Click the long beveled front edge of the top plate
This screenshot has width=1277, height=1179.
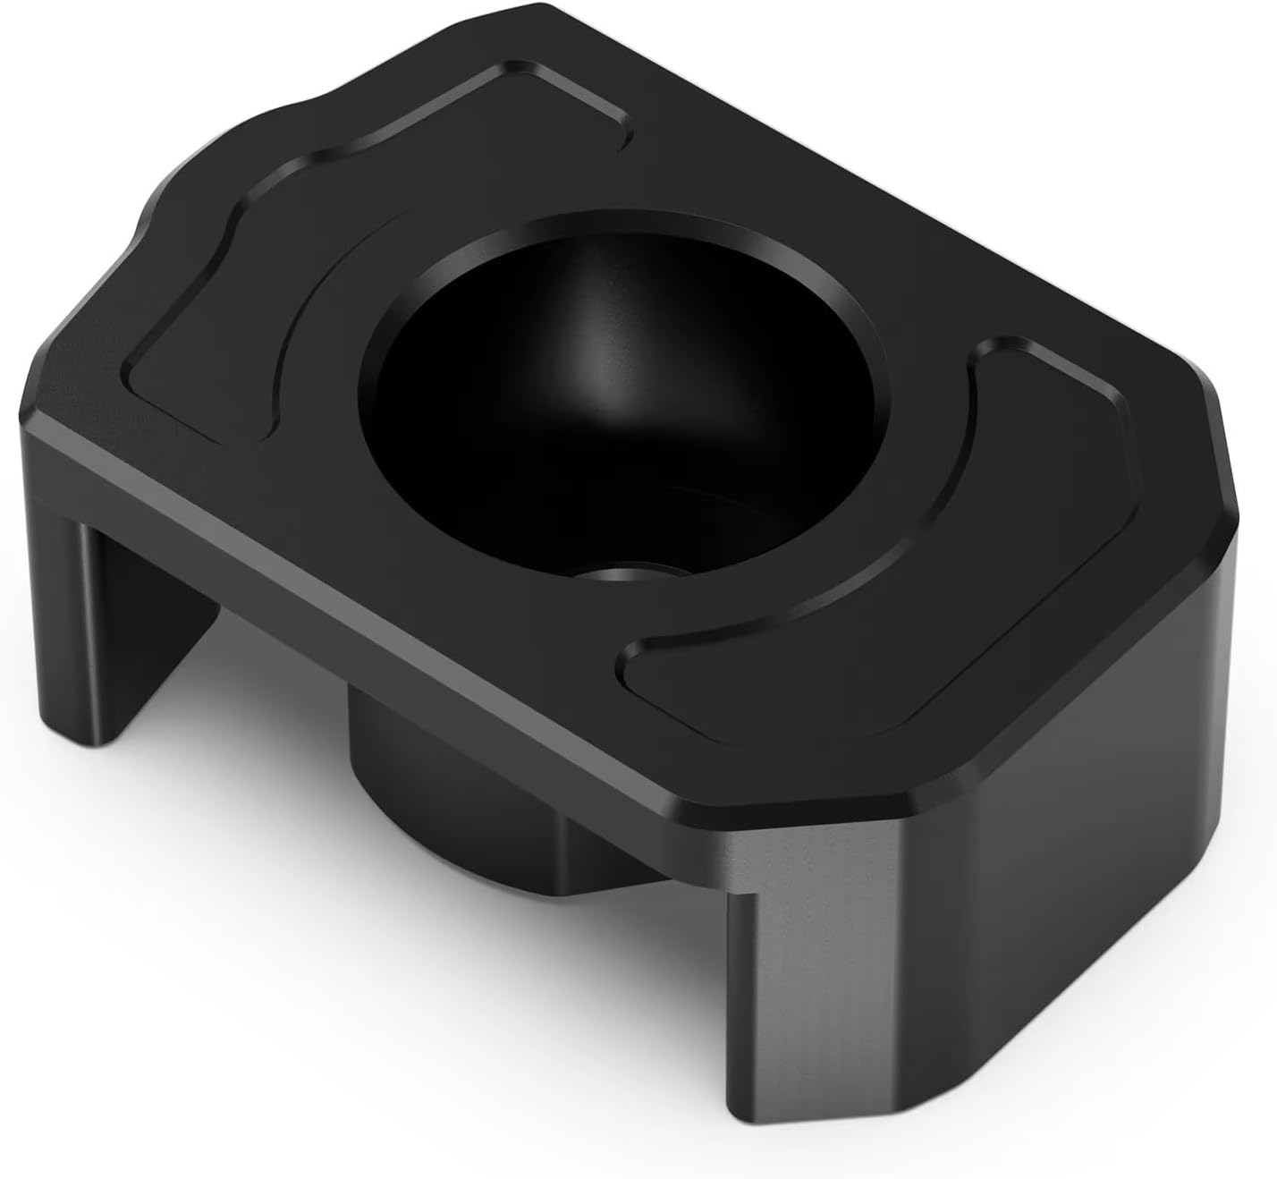[x=358, y=573]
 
